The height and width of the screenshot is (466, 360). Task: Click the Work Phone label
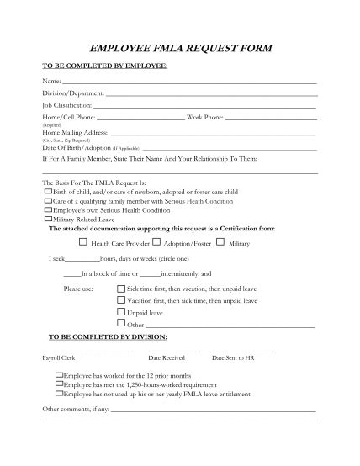[x=205, y=118]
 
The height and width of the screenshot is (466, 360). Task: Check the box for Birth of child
[x=47, y=191]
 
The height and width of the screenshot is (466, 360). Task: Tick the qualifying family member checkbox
[x=47, y=201]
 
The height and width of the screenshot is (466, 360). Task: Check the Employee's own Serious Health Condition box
[x=47, y=210]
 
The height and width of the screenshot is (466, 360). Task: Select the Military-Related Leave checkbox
[x=47, y=219]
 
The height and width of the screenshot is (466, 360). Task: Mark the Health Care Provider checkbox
[x=83, y=242]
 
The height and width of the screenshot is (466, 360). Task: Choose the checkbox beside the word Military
[x=220, y=242]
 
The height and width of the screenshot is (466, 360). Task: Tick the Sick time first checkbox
[x=121, y=288]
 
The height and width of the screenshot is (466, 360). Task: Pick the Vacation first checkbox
[x=121, y=299]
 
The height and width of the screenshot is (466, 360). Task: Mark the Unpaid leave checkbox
[x=121, y=311]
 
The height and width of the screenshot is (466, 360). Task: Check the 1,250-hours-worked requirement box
[x=58, y=384]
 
